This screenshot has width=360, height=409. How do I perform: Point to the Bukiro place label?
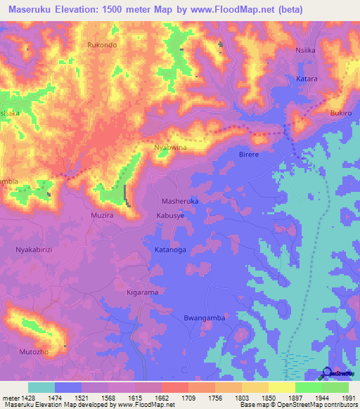341,112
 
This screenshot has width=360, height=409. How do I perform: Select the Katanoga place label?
170,249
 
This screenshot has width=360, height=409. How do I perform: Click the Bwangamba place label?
202,318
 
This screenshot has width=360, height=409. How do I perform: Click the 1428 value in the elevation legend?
20,398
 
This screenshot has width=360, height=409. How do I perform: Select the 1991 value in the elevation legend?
348,398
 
